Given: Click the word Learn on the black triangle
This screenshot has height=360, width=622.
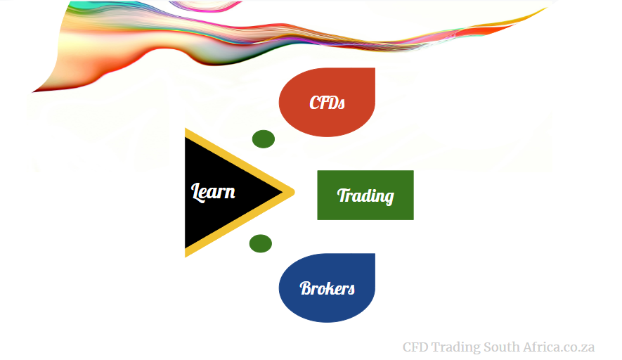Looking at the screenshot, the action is tap(213, 192).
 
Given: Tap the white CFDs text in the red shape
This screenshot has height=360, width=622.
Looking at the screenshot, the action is tap(328, 103).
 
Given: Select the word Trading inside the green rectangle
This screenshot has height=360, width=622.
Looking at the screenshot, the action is tap(365, 195).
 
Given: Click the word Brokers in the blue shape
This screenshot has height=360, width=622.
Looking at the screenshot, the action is tap(328, 288).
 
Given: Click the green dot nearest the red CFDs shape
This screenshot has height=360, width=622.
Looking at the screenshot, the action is tap(264, 139).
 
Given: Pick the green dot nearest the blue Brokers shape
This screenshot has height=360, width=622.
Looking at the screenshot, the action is tap(261, 243).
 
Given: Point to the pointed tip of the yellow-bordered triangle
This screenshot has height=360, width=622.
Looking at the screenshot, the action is tap(294, 193).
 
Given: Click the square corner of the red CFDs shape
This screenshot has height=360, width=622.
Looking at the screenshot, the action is tap(375, 68).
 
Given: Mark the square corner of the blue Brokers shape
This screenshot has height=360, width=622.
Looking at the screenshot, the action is tap(375, 254).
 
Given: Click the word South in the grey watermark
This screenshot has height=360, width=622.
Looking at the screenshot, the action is tap(501, 347).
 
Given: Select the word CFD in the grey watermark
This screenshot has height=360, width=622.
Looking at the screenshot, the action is tap(415, 347).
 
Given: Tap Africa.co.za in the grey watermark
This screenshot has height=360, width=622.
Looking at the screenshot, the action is tap(559, 347).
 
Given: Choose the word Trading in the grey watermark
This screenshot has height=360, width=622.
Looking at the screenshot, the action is tap(456, 348).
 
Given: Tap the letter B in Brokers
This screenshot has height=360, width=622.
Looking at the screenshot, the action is tap(306, 288).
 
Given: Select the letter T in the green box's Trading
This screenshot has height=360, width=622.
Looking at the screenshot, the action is tap(343, 195).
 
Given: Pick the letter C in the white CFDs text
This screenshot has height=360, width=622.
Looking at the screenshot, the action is tap(315, 103).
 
